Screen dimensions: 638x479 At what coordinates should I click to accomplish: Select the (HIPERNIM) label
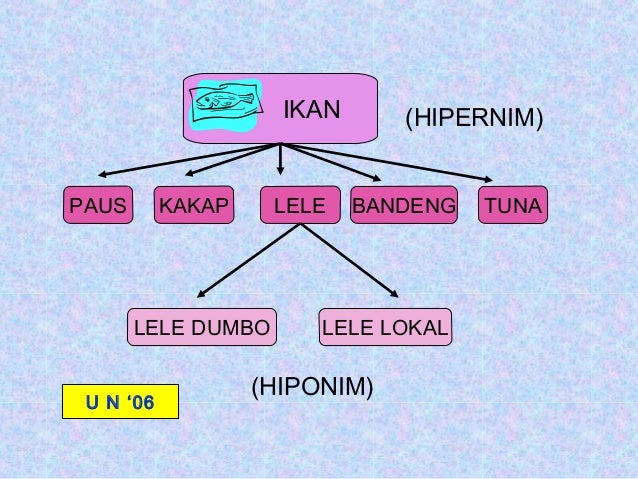[473, 120]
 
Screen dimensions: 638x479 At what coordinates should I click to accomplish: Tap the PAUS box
[97, 206]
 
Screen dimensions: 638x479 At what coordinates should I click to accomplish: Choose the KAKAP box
[193, 206]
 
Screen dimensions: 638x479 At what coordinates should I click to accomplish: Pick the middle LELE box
[300, 206]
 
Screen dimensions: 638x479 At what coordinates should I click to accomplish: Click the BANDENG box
[403, 206]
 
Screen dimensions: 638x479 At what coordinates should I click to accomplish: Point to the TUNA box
[513, 206]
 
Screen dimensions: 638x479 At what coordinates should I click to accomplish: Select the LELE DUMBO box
[202, 326]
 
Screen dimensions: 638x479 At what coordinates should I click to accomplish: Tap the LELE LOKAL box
[385, 326]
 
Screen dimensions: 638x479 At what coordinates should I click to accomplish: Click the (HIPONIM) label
[312, 386]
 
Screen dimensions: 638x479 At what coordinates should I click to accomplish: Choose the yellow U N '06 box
[120, 401]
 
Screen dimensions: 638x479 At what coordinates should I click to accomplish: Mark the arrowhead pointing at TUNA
[493, 180]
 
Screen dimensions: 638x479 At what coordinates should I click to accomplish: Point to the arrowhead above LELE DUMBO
[200, 294]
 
